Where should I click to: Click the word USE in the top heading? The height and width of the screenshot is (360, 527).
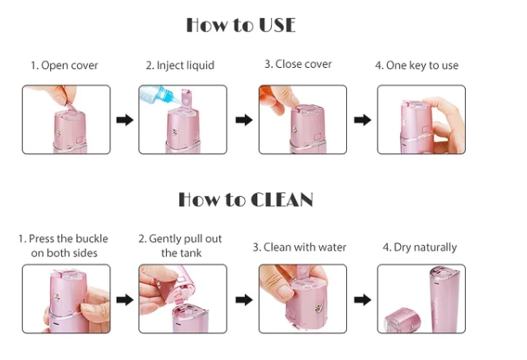click(277, 26)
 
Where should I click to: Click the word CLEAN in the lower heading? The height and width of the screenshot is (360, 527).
click(282, 200)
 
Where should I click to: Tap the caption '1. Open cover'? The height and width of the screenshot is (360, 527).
click(64, 65)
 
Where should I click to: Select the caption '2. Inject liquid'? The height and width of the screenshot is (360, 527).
click(180, 65)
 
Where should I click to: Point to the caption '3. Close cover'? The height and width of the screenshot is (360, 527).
click(298, 64)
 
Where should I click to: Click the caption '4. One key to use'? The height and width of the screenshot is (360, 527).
click(417, 65)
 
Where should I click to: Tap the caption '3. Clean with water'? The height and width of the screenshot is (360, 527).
click(300, 247)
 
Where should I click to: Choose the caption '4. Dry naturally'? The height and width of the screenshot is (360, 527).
click(420, 247)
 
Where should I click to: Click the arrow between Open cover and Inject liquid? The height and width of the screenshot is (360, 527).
click(125, 120)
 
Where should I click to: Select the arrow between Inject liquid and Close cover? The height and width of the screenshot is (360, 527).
click(244, 120)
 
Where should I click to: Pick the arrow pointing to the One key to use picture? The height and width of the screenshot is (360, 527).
click(363, 120)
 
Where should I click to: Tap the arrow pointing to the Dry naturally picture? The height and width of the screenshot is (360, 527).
click(363, 300)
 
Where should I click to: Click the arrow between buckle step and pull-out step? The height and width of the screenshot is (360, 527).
click(125, 300)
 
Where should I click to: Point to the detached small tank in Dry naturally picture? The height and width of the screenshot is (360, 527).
click(402, 319)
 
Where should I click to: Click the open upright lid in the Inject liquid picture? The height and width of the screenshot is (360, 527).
click(186, 98)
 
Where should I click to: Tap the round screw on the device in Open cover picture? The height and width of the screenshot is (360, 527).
click(58, 133)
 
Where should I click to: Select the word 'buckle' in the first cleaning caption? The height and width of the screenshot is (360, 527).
click(91, 238)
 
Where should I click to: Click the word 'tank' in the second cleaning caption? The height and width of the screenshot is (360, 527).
click(192, 253)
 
